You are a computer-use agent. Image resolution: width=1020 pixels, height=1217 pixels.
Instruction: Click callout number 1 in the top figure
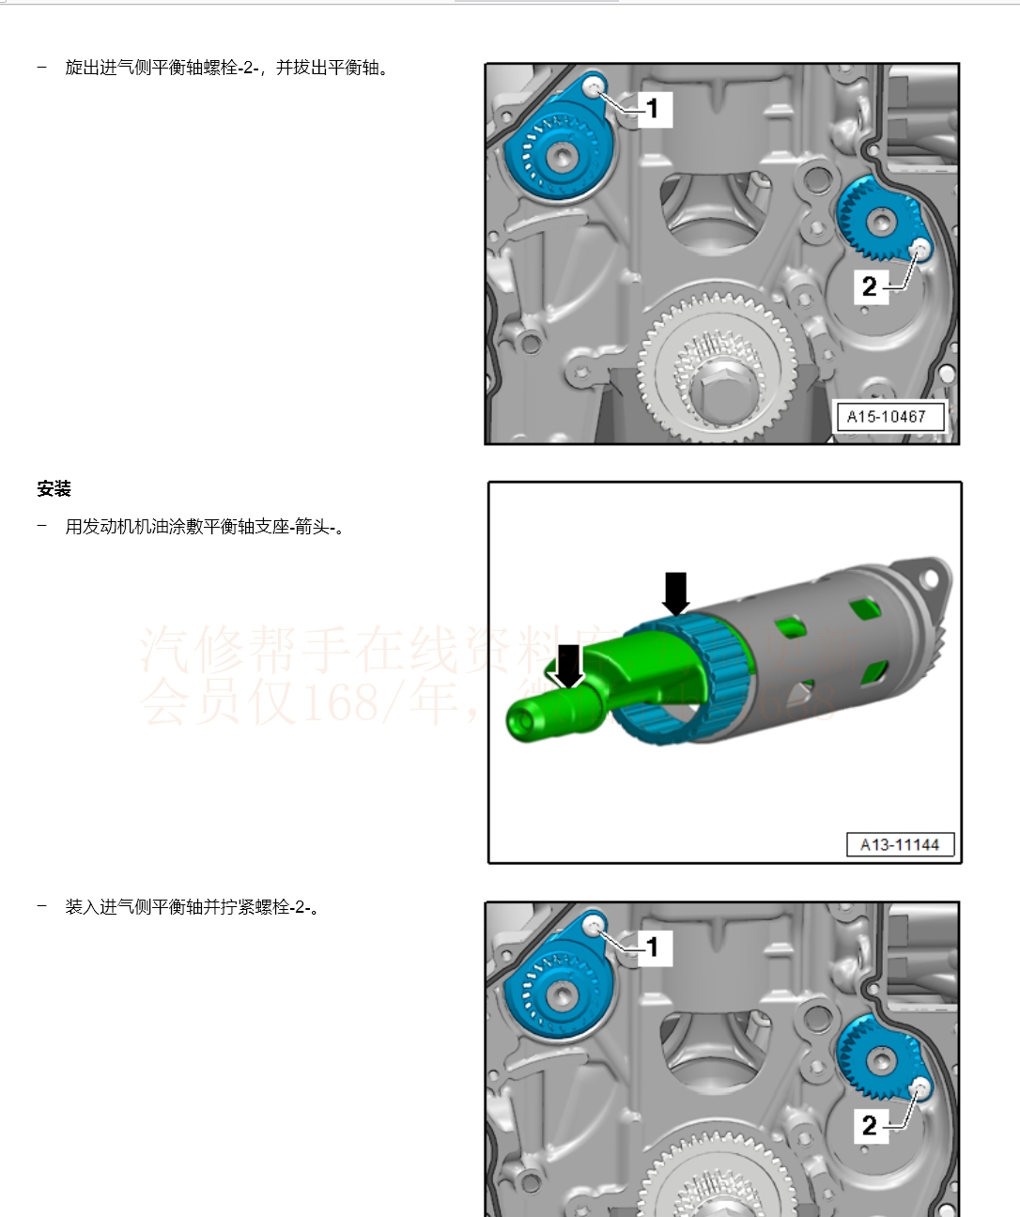653,108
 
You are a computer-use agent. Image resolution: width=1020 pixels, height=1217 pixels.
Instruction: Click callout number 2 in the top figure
870,285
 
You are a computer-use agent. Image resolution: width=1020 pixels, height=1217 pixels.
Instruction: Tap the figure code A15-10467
886,416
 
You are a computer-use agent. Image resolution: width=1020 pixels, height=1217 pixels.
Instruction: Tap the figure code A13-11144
899,844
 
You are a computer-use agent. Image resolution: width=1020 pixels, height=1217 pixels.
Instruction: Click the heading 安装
54,489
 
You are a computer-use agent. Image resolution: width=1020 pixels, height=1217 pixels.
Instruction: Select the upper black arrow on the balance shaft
675,593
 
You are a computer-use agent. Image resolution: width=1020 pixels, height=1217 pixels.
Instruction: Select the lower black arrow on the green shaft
568,665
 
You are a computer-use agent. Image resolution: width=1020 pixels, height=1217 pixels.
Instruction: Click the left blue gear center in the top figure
562,157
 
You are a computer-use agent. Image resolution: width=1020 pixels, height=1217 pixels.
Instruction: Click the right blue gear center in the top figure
881,223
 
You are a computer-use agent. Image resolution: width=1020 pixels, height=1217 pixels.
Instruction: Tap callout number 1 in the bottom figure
653,947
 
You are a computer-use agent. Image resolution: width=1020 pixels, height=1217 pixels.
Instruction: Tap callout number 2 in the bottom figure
870,1124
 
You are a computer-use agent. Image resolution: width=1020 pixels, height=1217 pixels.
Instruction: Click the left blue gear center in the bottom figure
562,995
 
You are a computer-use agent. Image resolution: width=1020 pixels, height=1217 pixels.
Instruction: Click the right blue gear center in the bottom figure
881,1061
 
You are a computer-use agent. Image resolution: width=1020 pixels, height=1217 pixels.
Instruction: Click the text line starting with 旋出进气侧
225,68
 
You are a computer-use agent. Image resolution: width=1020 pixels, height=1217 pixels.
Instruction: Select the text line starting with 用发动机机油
205,527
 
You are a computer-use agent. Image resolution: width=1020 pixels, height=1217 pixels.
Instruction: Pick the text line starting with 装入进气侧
192,907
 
